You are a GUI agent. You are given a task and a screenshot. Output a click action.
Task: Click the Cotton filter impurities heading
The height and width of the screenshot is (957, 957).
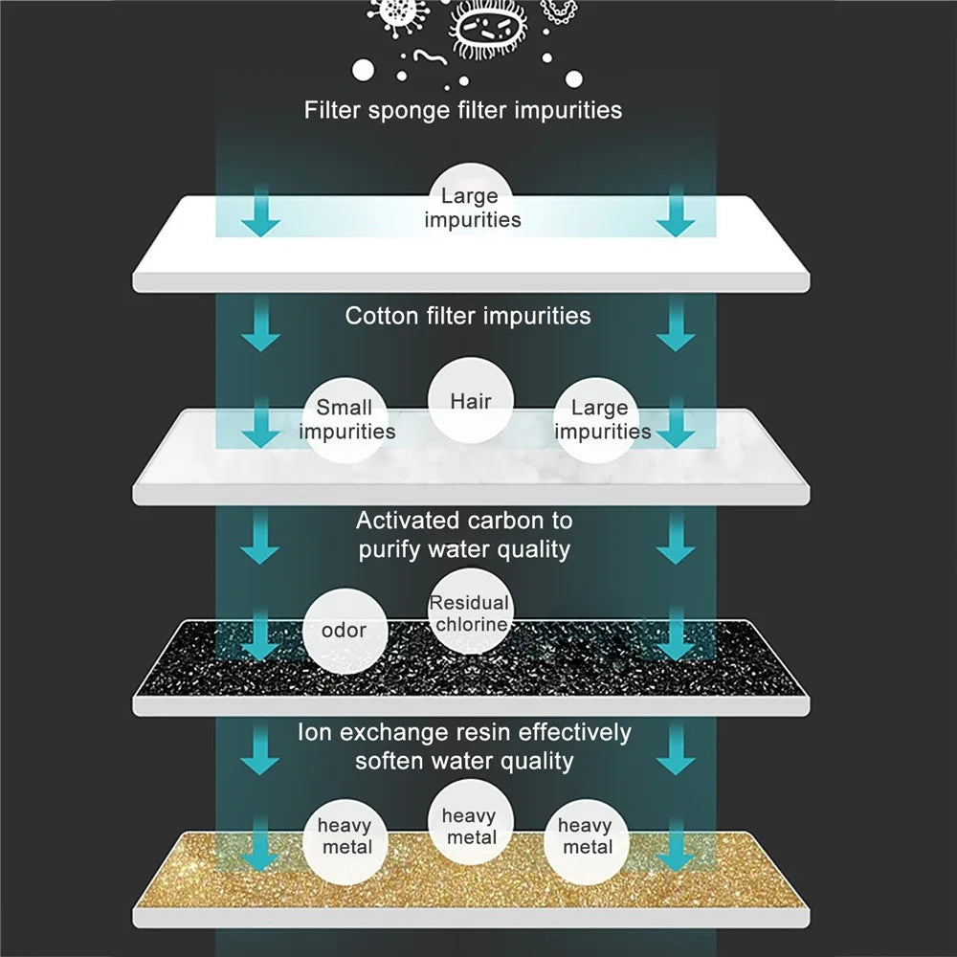pyautogui.click(x=468, y=316)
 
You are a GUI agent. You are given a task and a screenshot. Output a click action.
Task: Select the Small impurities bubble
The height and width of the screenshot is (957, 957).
pyautogui.click(x=345, y=420)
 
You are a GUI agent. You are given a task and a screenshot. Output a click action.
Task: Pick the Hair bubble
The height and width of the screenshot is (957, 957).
pyautogui.click(x=471, y=400)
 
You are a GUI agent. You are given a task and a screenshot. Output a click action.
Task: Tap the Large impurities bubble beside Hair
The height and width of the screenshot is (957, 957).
pyautogui.click(x=597, y=420)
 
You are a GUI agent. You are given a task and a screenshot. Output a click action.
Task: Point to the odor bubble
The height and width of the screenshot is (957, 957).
pyautogui.click(x=345, y=631)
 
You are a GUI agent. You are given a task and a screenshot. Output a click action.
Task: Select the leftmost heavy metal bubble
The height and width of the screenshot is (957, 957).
pyautogui.click(x=345, y=841)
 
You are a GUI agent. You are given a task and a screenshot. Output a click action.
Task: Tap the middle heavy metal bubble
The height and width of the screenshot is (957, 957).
pyautogui.click(x=471, y=822)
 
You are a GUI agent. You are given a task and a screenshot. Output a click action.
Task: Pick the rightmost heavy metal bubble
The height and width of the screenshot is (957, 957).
pyautogui.click(x=587, y=841)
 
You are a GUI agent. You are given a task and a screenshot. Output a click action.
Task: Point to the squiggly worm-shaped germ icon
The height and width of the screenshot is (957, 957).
pyautogui.click(x=431, y=57)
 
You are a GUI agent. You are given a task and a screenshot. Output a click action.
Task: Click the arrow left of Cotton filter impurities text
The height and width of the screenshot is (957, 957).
pyautogui.click(x=260, y=324)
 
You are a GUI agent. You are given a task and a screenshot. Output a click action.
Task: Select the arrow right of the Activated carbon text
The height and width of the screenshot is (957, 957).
pyautogui.click(x=676, y=537)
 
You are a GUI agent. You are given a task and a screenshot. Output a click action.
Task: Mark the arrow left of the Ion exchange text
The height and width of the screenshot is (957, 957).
pyautogui.click(x=260, y=748)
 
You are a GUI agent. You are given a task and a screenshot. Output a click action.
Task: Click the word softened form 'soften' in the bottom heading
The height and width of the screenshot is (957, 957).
pyautogui.click(x=389, y=762)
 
